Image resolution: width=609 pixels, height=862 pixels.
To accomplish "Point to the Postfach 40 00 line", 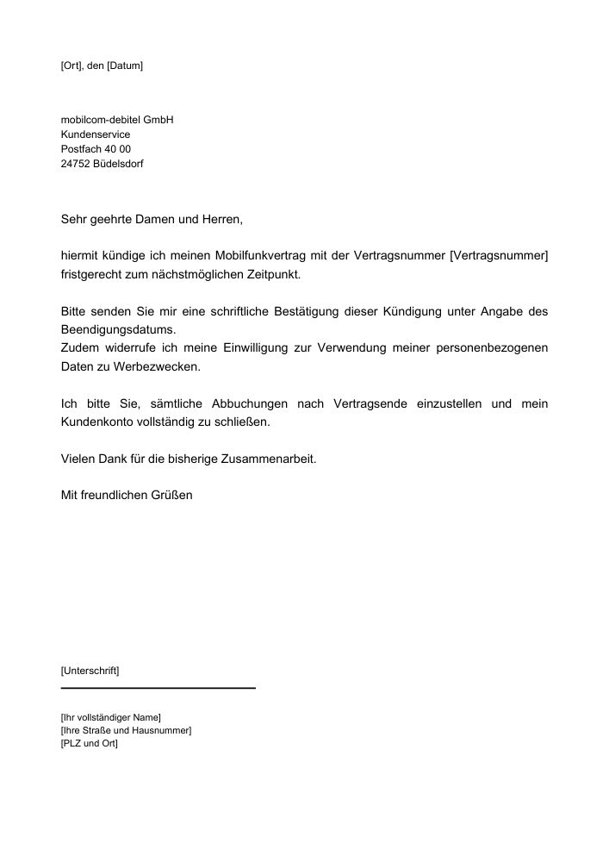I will pos(96,149).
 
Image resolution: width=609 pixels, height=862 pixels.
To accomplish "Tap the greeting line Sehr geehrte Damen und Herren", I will pos(152,220).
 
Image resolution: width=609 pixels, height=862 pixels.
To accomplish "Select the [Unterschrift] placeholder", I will pos(90,671).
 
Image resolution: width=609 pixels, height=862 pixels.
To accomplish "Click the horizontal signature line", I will pos(158,688).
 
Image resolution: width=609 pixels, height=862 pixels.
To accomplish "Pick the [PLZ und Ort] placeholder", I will pos(90,743).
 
